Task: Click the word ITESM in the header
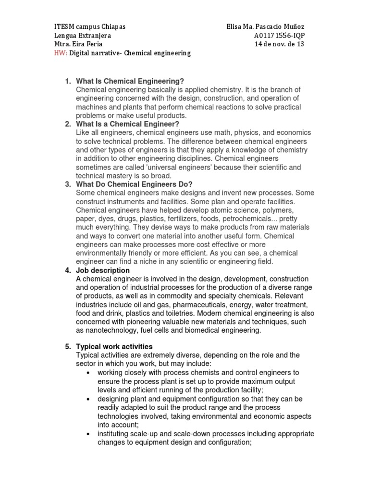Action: coord(63,26)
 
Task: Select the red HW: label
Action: coord(60,53)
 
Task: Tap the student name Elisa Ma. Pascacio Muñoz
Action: coord(265,26)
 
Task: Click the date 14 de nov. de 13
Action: coord(279,44)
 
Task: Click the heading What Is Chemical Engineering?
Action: coord(130,81)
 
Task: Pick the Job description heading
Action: coord(103,271)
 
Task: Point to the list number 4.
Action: coord(68,271)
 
